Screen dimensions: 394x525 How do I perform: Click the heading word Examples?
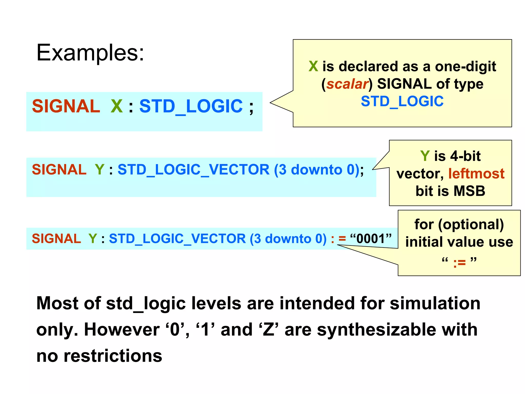90,53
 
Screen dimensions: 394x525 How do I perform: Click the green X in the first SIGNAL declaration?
117,106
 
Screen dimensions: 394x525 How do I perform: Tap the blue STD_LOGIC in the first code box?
191,106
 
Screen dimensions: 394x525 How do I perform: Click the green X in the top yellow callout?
313,66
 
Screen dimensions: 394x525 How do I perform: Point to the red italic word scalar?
347,84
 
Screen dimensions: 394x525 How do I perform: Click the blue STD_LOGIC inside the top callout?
402,101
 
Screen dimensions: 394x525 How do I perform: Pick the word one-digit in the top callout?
465,67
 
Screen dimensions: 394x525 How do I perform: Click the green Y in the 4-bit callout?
425,156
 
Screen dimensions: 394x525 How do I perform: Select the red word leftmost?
476,174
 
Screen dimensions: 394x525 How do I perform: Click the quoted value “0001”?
371,239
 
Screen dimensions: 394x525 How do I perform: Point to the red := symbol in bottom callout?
459,263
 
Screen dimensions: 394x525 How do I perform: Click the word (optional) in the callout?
471,224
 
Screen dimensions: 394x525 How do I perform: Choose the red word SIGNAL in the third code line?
56,239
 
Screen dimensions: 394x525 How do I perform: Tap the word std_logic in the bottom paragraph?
146,304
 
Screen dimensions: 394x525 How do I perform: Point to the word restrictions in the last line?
113,356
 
